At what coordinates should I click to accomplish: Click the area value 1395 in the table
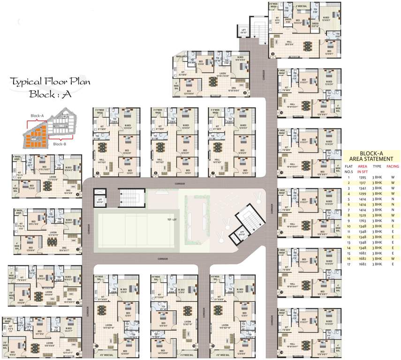tap(363, 178)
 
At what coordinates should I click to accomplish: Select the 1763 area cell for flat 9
tap(363, 221)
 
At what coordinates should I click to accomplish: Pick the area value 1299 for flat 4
tap(363, 194)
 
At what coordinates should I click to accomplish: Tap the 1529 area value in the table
tap(363, 215)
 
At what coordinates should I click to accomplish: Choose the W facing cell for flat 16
tap(392, 258)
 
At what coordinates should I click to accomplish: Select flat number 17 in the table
tap(348, 263)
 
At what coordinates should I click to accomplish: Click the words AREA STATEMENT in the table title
tap(371, 159)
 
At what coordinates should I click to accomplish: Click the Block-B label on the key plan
tap(60, 144)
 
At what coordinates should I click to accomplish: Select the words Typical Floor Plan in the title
tap(50, 81)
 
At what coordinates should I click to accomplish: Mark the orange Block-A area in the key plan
tap(35, 133)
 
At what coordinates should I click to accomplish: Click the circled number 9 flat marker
tap(272, 54)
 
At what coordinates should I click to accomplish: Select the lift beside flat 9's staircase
tap(243, 31)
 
